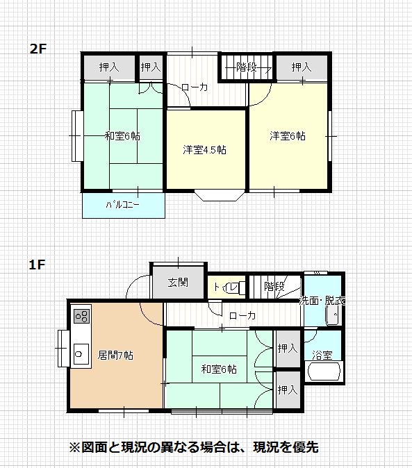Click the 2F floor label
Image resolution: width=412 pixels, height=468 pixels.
click(38, 49)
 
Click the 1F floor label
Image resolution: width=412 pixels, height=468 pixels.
click(37, 265)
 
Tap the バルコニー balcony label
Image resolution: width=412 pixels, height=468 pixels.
click(122, 205)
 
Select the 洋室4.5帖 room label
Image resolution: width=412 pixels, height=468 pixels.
click(204, 149)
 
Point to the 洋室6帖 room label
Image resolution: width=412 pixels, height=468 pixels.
click(288, 136)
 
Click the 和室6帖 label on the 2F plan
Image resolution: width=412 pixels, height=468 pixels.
click(122, 136)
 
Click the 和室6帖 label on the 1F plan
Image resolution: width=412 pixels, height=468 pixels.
click(219, 369)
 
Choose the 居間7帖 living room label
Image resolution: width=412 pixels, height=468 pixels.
click(115, 356)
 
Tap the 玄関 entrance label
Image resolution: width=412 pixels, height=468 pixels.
click(178, 282)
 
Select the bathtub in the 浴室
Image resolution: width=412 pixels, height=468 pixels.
click(324, 371)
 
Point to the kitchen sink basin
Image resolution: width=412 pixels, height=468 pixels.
click(81, 353)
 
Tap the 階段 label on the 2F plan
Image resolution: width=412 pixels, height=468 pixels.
click(247, 67)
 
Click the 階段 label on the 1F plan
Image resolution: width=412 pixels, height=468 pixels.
click(274, 287)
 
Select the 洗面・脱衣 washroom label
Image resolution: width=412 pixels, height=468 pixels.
click(322, 301)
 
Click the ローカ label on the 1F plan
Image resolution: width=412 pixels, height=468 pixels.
click(242, 315)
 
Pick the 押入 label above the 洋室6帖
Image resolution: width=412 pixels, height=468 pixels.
click(302, 67)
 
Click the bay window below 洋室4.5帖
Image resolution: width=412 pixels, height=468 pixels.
click(219, 196)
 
